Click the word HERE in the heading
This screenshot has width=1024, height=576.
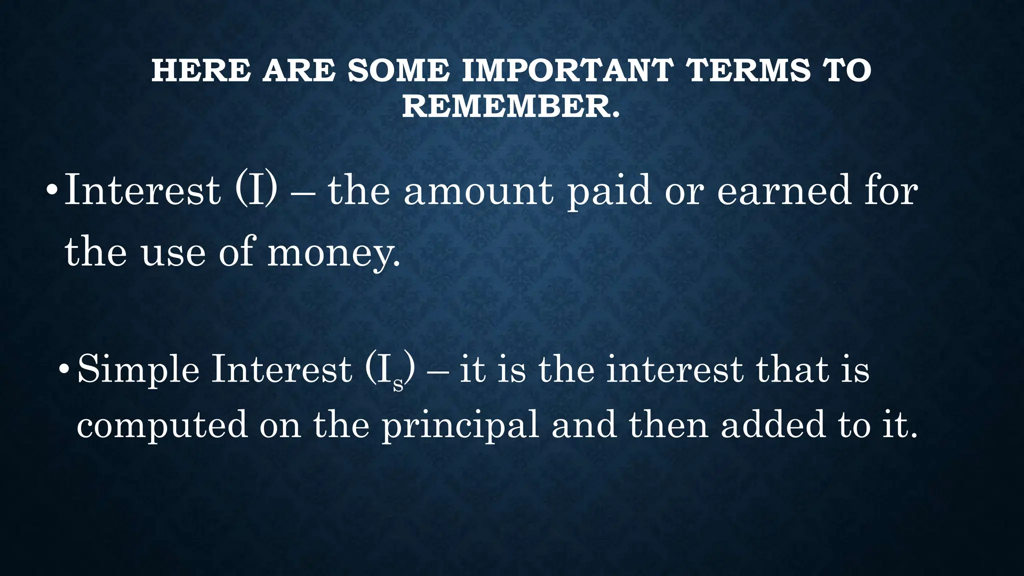tap(201, 70)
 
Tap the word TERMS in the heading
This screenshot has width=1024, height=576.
tap(748, 70)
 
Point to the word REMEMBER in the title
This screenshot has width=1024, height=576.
tap(506, 106)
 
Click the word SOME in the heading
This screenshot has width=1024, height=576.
tap(398, 70)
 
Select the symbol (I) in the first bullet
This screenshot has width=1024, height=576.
tap(255, 190)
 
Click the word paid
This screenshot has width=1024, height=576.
tap(609, 191)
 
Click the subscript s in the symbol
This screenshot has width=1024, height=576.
tap(398, 383)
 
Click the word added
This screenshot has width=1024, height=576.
tap(773, 424)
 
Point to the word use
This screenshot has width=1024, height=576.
tap(173, 252)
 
